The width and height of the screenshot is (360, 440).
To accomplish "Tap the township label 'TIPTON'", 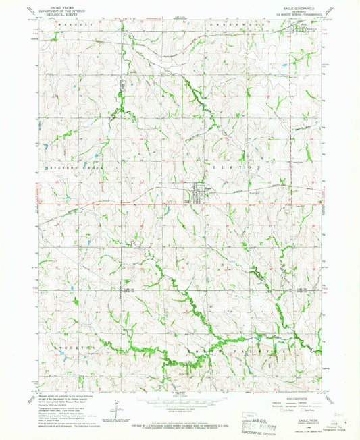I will [x=236, y=167].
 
